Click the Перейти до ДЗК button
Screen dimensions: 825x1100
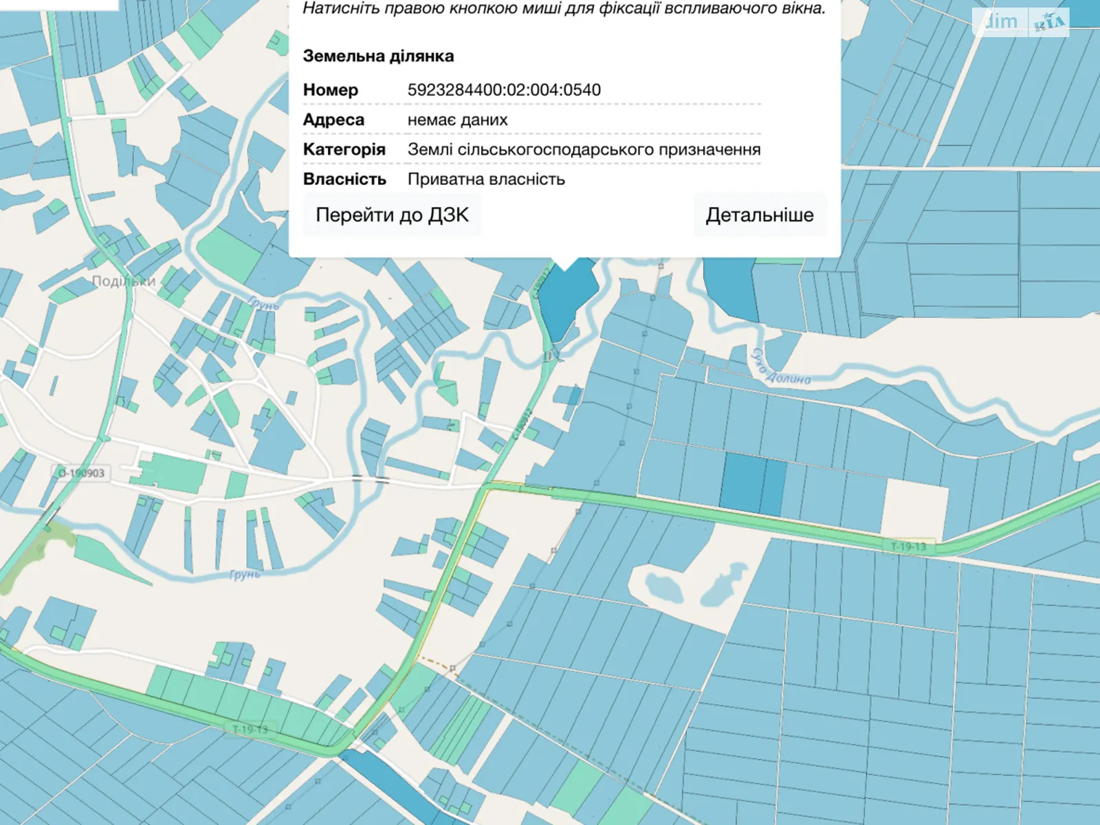pyautogui.click(x=392, y=215)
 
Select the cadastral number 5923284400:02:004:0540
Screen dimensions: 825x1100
pyautogui.click(x=504, y=90)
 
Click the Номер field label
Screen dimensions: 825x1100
pyautogui.click(x=331, y=90)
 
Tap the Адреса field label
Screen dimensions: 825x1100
pyautogui.click(x=333, y=120)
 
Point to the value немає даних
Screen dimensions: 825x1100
pyautogui.click(x=457, y=120)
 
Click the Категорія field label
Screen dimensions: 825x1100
pyautogui.click(x=344, y=149)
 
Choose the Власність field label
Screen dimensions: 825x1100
pyautogui.click(x=344, y=179)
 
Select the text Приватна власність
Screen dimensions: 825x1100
pyautogui.click(x=486, y=179)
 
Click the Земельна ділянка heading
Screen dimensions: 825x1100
pyautogui.click(x=378, y=56)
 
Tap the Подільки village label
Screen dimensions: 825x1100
pyautogui.click(x=124, y=281)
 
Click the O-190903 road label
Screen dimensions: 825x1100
pyautogui.click(x=81, y=473)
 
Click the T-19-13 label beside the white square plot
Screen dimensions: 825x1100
pyautogui.click(x=908, y=547)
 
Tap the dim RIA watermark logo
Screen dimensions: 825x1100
pyautogui.click(x=1020, y=23)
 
